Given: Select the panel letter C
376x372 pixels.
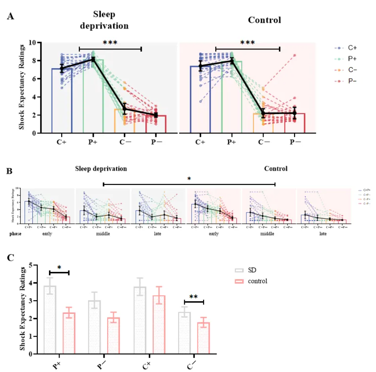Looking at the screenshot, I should [x=11, y=257].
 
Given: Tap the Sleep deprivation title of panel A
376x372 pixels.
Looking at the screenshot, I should [x=104, y=20].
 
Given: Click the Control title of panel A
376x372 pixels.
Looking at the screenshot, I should [x=264, y=20].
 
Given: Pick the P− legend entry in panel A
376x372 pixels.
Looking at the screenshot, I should [x=343, y=81].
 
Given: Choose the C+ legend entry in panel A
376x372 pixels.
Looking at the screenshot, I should [x=343, y=48].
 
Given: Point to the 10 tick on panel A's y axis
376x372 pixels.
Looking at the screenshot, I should [x=32, y=43].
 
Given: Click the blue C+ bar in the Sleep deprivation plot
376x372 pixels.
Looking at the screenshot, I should [x=62, y=101].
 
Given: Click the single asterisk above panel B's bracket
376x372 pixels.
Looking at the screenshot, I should [x=189, y=179].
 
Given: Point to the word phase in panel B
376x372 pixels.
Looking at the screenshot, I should [x=15, y=233].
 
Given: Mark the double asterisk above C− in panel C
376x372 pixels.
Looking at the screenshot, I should [x=194, y=296].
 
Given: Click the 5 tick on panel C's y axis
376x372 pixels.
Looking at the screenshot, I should [x=30, y=265].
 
